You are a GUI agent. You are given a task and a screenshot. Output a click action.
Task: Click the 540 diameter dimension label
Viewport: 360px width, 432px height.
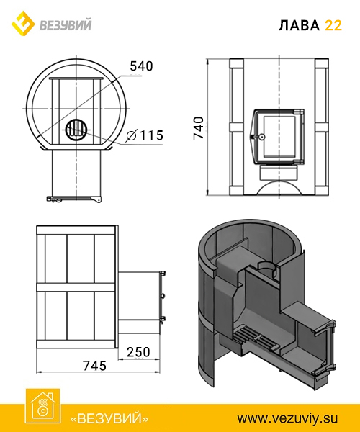click(141, 66)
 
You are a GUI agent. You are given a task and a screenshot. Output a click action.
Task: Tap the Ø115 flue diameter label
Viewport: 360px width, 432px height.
click(145, 135)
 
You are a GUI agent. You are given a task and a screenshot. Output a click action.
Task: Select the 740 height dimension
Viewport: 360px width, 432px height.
click(199, 128)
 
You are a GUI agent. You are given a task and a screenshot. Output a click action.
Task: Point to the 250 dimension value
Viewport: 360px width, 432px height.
click(138, 352)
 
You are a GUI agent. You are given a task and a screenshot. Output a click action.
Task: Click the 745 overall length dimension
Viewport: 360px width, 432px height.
click(94, 366)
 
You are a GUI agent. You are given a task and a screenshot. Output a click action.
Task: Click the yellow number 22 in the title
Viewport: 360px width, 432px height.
click(333, 25)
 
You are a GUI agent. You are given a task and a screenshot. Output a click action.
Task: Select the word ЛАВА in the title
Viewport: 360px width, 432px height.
click(299, 25)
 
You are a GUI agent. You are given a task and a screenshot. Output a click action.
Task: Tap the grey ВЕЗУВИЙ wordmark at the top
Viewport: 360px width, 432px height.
click(66, 24)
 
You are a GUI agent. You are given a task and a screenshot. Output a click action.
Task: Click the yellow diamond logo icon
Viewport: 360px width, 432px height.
click(23, 24)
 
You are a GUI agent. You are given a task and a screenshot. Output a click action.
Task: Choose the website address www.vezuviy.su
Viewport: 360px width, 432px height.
click(287, 418)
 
